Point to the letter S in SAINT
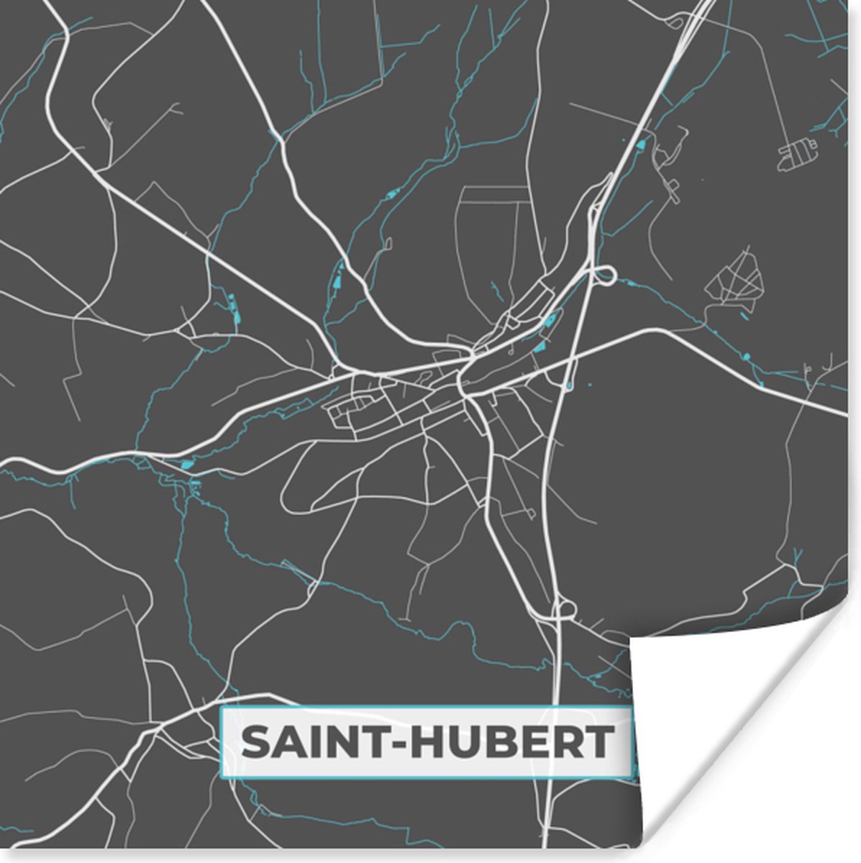(257, 742)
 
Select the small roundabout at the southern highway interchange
(564, 610)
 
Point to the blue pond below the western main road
(188, 464)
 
